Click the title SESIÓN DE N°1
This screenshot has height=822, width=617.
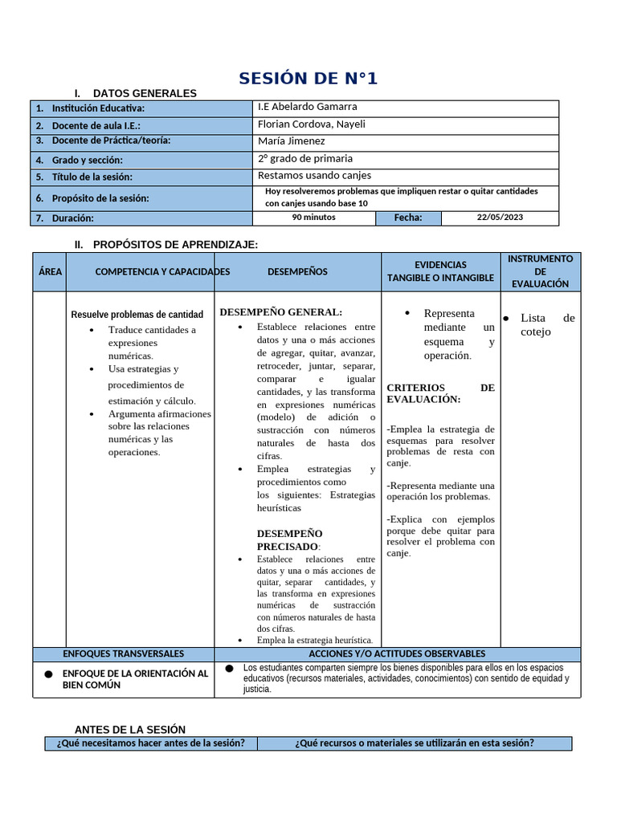coord(308,78)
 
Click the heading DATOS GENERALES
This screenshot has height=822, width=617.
coord(145,93)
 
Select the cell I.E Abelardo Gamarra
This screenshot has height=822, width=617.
coord(307,107)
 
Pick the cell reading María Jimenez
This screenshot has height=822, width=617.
coord(291,141)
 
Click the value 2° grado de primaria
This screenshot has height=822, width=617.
coord(304,158)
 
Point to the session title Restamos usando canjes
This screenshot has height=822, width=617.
coord(314,175)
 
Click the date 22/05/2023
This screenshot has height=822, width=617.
coord(499,218)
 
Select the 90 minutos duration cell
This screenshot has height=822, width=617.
coord(313,218)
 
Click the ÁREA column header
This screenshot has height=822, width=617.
coord(50,272)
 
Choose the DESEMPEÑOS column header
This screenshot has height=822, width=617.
coord(297,272)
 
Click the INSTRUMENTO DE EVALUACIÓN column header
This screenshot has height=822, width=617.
coord(540,271)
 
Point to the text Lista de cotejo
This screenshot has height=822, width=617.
coord(546,325)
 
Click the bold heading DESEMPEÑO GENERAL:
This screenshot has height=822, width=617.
coord(281,312)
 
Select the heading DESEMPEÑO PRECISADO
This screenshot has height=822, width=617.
coord(290,539)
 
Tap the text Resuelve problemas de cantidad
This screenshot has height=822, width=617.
coord(137,315)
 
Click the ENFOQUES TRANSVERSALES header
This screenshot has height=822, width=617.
coord(124,654)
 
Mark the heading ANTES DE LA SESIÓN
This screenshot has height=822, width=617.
coord(130,730)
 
